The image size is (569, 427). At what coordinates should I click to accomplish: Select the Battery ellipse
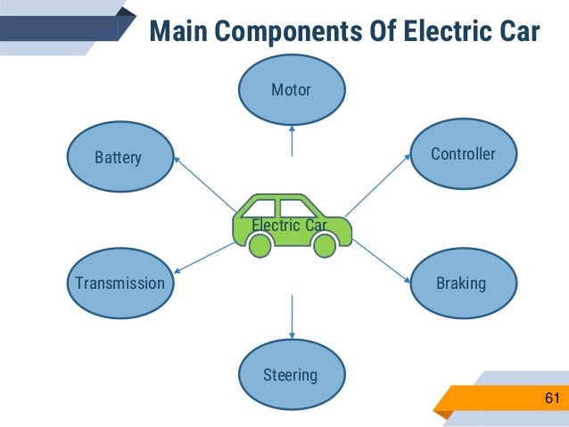pos(119,158)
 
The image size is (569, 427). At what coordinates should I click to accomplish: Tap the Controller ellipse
pos(462,154)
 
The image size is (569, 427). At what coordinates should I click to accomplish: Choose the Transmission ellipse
pos(120,283)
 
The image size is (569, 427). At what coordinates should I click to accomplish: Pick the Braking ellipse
pos(461,283)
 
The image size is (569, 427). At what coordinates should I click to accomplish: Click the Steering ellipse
pos(290,374)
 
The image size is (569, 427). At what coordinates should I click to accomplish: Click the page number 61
pos(550,396)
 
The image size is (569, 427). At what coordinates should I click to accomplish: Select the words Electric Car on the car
pos(290,226)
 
